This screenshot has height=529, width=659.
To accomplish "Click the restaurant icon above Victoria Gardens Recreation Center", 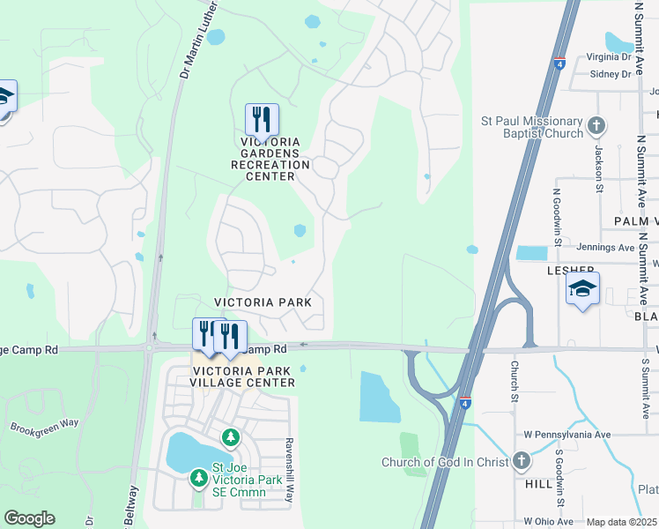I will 262,119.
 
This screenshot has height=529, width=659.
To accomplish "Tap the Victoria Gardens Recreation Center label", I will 270,159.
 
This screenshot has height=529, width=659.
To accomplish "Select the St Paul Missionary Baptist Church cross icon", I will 596,126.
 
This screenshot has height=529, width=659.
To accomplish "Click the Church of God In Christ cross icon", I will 522,461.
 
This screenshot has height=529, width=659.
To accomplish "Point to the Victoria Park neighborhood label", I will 270,302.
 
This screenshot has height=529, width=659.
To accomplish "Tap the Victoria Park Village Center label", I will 244,377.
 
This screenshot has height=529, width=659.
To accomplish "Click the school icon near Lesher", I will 582,288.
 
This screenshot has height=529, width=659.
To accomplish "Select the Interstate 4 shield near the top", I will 559,63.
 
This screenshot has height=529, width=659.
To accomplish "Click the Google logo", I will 29,518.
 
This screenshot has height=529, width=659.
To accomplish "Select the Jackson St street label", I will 597,162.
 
